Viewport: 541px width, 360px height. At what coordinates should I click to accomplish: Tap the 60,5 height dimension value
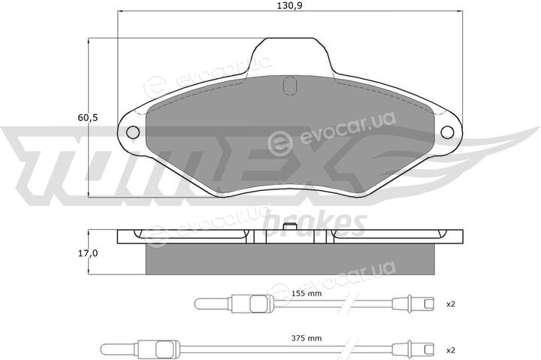pyautogui.click(x=88, y=118)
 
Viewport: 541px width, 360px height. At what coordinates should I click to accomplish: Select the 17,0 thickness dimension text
pyautogui.click(x=88, y=253)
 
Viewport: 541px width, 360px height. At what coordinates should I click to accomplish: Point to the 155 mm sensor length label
pyautogui.click(x=307, y=293)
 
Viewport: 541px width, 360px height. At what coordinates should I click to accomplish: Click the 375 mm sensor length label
pyautogui.click(x=307, y=338)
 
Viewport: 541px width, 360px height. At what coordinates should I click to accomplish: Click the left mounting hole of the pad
pyautogui.click(x=133, y=132)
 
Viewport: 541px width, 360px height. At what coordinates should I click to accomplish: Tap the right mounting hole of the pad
pyautogui.click(x=448, y=132)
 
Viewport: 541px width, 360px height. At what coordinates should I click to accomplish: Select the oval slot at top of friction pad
pyautogui.click(x=289, y=86)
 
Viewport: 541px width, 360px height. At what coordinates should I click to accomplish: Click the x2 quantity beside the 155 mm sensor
pyautogui.click(x=451, y=304)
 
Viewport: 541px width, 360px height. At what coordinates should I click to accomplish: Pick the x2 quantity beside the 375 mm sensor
pyautogui.click(x=451, y=350)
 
